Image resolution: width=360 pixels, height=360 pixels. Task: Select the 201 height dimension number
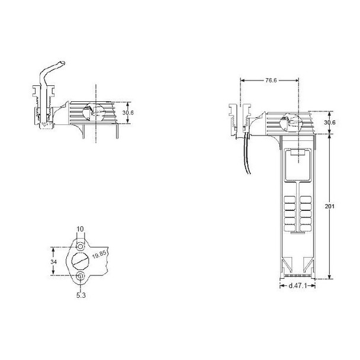click(330, 207)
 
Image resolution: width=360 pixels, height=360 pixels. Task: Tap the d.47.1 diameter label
click(297, 287)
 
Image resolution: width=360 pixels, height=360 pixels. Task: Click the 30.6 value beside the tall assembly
click(330, 123)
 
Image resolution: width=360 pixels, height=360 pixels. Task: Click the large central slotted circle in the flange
click(81, 260)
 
